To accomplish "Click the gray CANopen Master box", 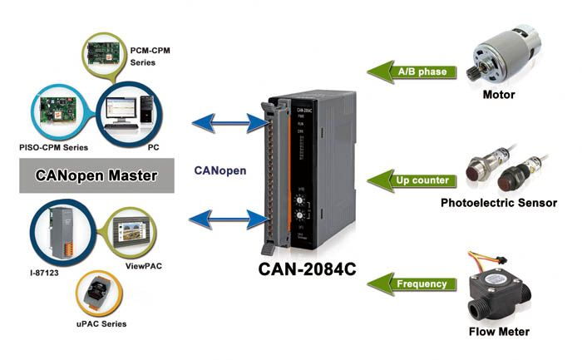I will (96, 176).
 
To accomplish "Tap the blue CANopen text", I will (219, 170).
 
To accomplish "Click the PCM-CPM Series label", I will (151, 56).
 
